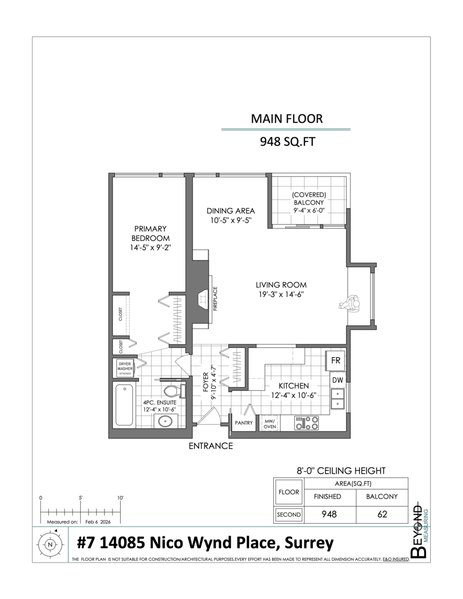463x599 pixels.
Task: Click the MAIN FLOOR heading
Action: [x=286, y=119]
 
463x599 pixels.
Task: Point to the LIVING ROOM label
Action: [x=281, y=290]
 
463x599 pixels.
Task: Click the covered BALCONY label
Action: [x=309, y=202]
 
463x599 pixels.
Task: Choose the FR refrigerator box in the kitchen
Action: [x=336, y=361]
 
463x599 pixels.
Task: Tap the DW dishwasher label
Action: [x=337, y=380]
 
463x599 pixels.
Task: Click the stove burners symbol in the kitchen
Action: [x=307, y=423]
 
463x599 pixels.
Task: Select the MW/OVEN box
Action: [x=270, y=424]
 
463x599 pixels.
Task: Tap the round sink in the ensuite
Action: [x=166, y=421]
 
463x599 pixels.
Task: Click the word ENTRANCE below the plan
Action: [x=210, y=446]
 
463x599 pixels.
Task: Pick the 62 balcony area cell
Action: [x=383, y=514]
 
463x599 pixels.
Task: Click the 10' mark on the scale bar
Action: [x=120, y=498]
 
